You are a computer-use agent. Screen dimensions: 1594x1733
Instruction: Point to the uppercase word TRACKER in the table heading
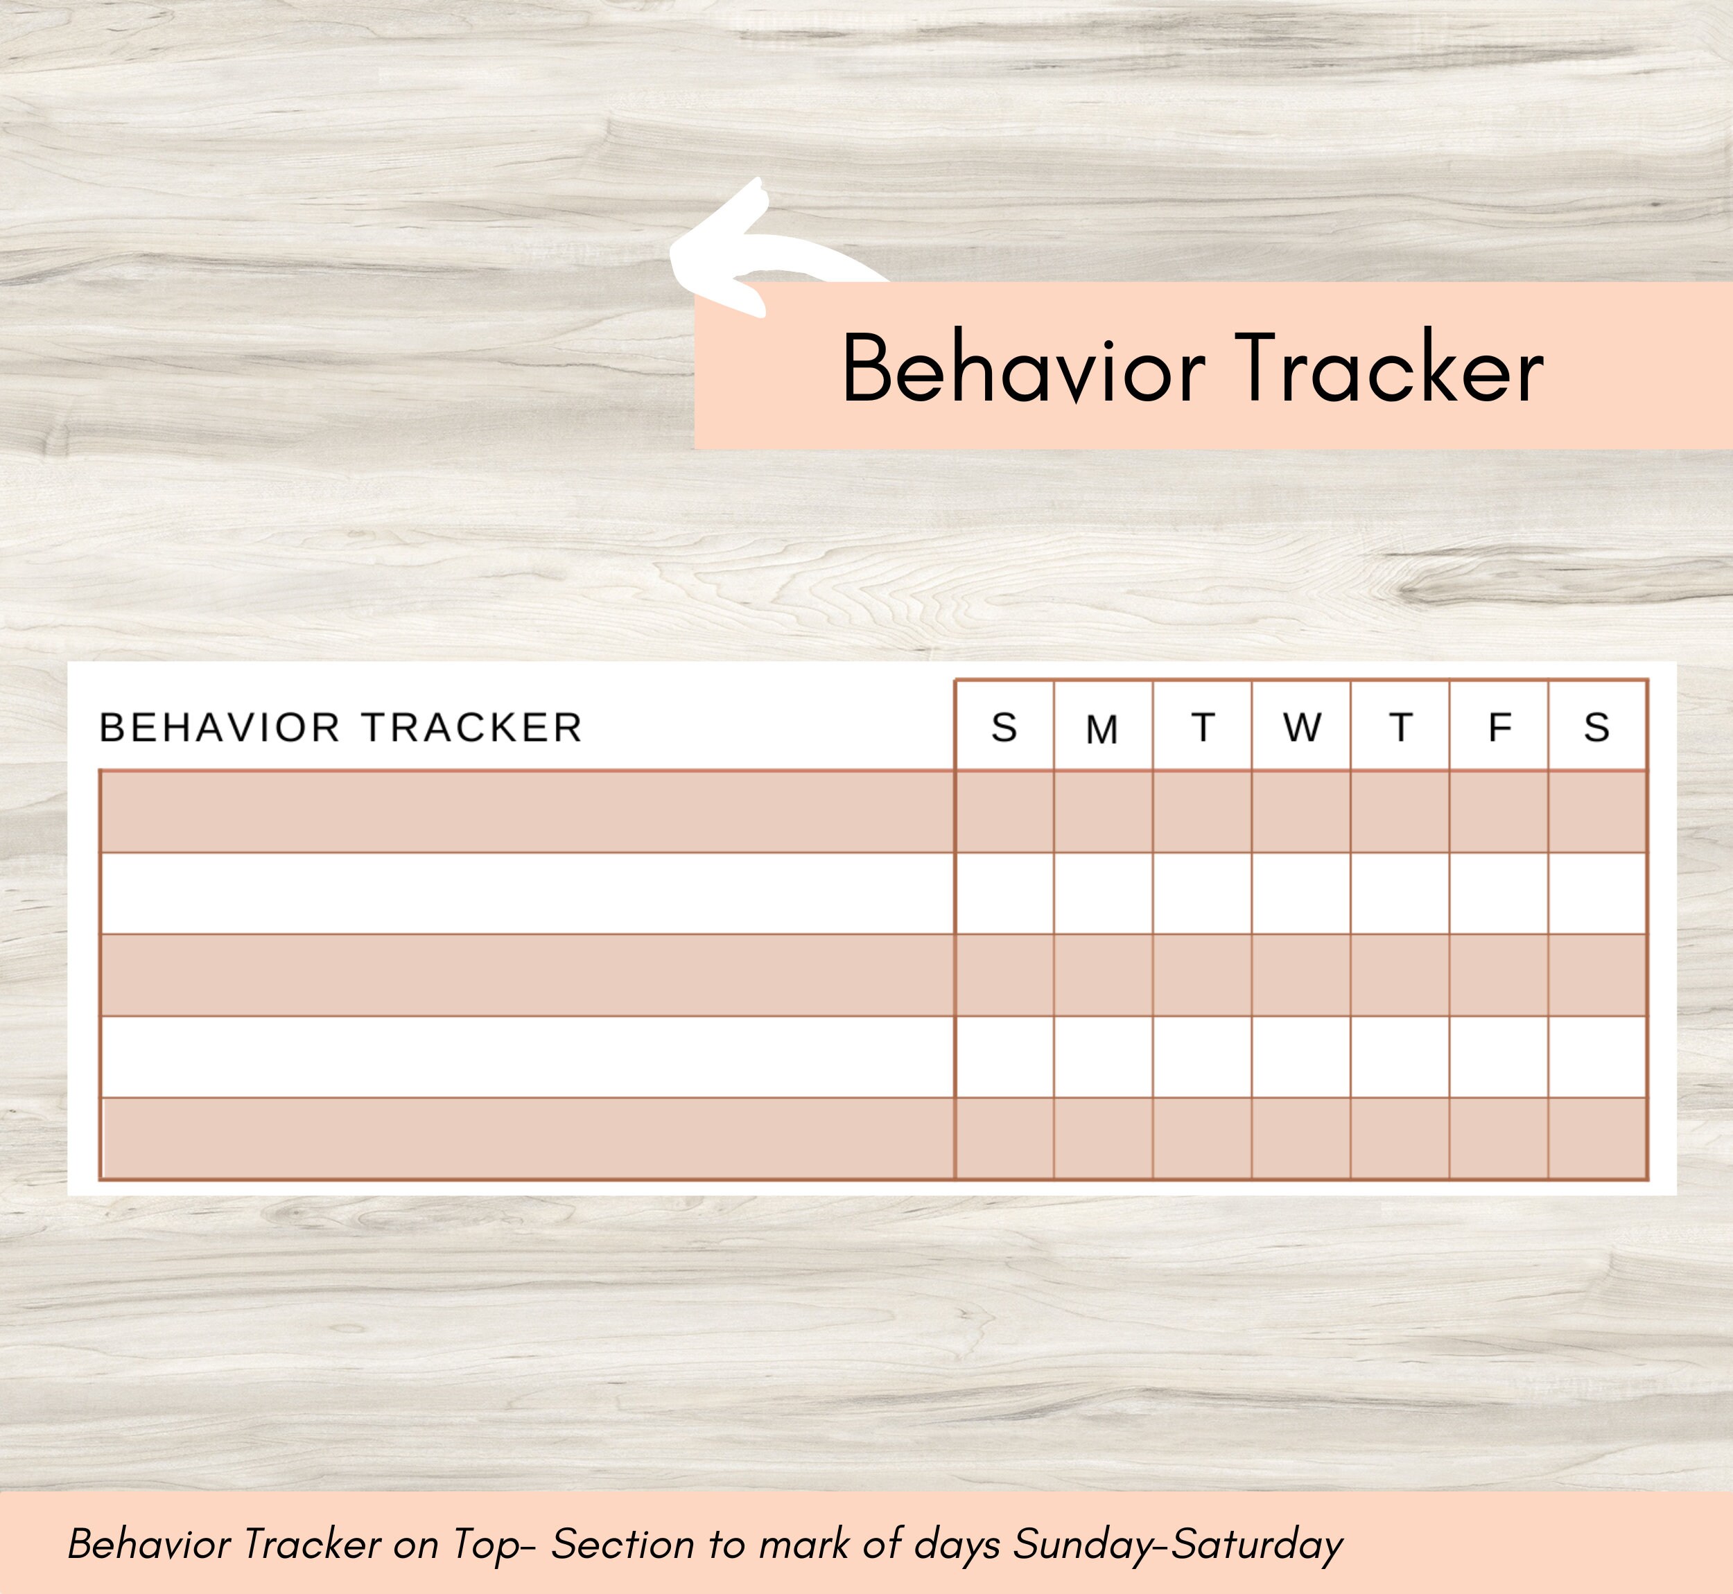pos(472,728)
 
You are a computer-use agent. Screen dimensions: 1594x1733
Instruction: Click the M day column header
pos(1102,730)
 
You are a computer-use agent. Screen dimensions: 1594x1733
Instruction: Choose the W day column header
pos(1302,728)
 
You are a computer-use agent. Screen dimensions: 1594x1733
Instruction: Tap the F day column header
pos(1499,728)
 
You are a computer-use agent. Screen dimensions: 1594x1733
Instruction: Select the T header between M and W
pos(1203,728)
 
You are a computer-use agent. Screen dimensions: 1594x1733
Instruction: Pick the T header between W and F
pos(1401,728)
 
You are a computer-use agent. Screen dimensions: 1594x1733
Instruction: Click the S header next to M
pos(1004,728)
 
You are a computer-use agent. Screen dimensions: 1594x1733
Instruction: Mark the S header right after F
pos(1596,728)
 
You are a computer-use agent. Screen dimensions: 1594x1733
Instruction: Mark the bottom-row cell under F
pos(1499,1138)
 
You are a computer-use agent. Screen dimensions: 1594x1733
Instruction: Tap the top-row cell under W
pos(1302,812)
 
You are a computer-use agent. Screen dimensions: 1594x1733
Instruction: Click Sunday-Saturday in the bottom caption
pos(1178,1545)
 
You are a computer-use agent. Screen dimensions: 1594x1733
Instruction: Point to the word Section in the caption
pos(622,1545)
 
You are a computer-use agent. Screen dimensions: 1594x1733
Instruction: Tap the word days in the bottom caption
pos(957,1545)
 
